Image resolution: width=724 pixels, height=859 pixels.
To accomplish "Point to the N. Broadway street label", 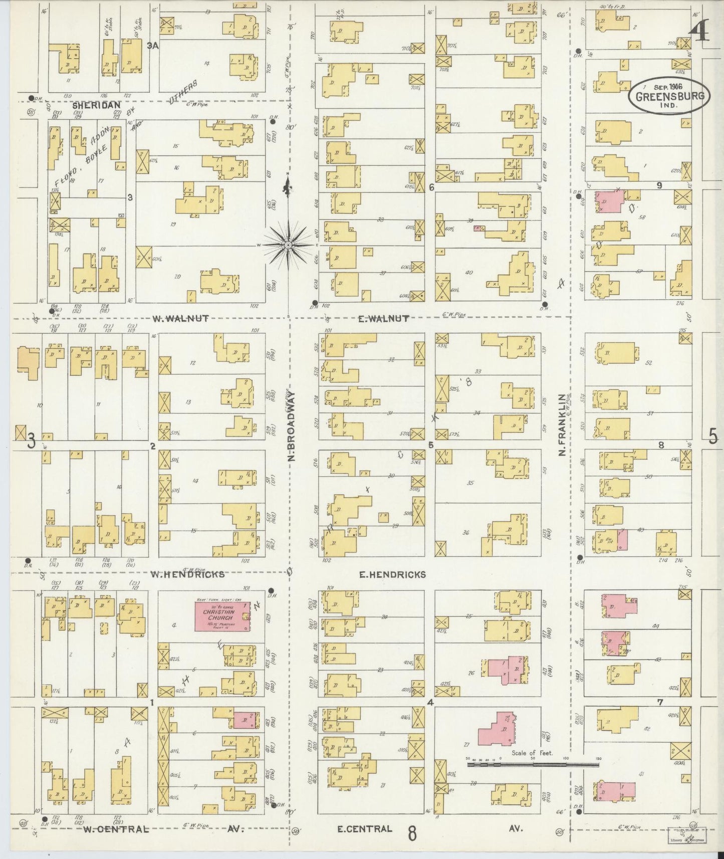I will pos(290,426).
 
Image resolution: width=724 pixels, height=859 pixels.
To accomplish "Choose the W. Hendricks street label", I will pos(187,574).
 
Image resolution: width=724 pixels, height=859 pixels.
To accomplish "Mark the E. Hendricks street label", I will pos(392,574).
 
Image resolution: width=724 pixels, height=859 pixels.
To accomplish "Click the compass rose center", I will pos(289,245).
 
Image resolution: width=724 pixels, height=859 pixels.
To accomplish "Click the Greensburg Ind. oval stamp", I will pos(669,96).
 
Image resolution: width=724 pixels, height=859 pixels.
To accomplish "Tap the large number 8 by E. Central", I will pos(412,833).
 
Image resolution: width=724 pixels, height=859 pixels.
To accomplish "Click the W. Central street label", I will pos(116,829).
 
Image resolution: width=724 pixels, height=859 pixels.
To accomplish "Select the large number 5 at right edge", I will pos(713,437).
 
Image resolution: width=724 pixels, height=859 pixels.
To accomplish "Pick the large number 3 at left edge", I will pos(31,442).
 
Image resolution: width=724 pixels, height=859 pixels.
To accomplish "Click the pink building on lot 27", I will pos(495,729).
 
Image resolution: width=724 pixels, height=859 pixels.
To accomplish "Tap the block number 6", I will pos(431,188).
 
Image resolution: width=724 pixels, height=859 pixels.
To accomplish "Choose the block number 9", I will pos(659,185).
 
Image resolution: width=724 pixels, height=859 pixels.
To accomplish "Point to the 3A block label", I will pos(153,46).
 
